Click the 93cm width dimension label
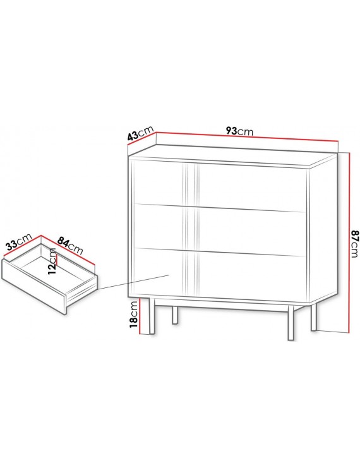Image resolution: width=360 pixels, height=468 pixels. [x=239, y=131]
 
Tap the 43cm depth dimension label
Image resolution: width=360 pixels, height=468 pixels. [x=140, y=133]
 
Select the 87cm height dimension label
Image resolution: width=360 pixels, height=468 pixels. [x=354, y=243]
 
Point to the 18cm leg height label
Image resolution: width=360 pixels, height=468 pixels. [x=134, y=314]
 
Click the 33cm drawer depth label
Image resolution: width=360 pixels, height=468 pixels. [x=19, y=241]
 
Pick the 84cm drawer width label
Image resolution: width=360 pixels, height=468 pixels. [x=70, y=245]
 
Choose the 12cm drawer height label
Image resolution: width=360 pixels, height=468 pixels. [x=52, y=261]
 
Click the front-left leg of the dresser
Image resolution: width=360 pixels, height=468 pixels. [x=152, y=316]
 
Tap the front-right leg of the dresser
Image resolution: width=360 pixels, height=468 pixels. [x=291, y=322]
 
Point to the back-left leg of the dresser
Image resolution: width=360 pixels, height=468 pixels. [x=175, y=315]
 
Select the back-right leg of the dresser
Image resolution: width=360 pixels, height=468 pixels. [x=313, y=316]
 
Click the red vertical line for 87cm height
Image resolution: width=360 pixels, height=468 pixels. [x=349, y=242]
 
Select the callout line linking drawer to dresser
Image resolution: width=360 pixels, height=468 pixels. [x=133, y=282]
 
